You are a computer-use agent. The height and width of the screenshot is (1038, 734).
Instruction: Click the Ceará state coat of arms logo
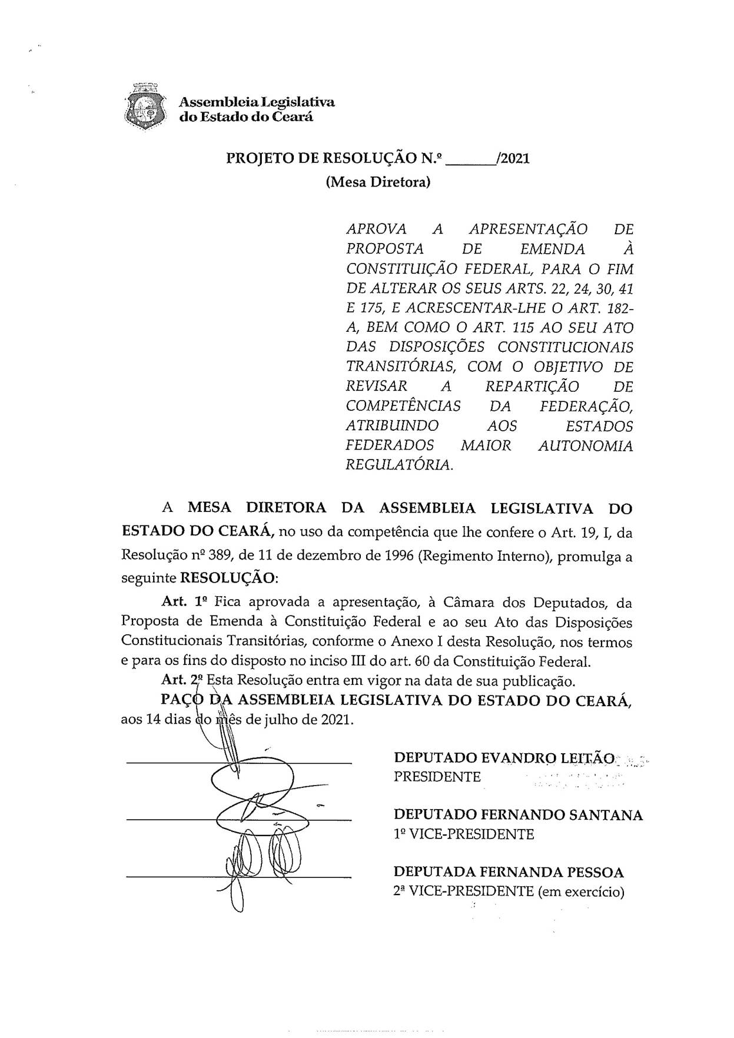click(145, 107)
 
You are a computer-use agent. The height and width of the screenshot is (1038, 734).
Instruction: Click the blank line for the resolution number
click(471, 159)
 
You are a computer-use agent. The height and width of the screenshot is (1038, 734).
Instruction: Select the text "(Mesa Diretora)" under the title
click(378, 182)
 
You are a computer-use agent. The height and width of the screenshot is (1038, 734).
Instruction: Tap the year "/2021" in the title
click(513, 158)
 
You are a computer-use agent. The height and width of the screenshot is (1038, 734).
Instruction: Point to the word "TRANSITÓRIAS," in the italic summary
click(401, 367)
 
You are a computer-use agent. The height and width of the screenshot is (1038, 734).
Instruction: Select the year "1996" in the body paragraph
click(396, 556)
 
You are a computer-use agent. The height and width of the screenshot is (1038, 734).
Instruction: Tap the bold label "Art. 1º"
click(185, 602)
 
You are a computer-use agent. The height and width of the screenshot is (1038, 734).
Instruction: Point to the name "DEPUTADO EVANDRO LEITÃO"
click(504, 757)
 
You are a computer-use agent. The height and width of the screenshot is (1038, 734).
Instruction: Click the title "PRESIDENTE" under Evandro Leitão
click(437, 777)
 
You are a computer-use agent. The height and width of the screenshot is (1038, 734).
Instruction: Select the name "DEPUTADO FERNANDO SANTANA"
click(518, 815)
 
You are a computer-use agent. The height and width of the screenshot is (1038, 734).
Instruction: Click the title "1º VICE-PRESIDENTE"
click(464, 834)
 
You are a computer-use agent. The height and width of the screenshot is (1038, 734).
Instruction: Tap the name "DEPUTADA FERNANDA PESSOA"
click(509, 872)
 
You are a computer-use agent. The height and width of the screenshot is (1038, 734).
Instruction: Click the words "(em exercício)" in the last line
click(580, 891)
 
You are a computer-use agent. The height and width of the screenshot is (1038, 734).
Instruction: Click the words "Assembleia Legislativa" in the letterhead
click(257, 102)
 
